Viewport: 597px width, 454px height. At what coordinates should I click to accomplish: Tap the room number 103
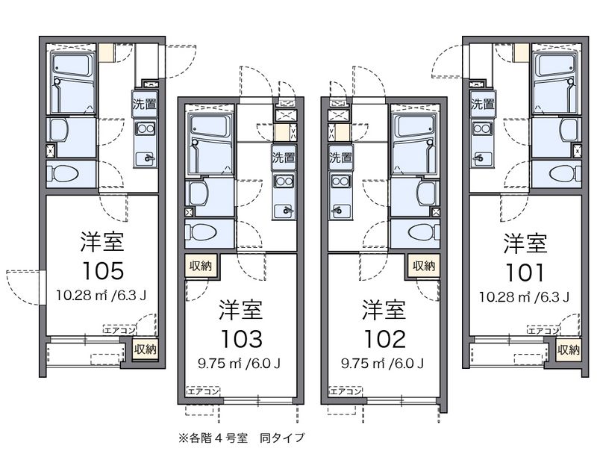[x=240, y=338]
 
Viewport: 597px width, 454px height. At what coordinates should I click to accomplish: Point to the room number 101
[x=525, y=269]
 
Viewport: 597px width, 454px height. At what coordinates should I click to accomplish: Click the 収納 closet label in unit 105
[x=145, y=349]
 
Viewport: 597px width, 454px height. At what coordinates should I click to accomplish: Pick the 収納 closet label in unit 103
[x=200, y=265]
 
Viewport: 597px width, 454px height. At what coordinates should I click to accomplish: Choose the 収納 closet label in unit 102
[x=423, y=265]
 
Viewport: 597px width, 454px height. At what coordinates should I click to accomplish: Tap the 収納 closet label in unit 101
[x=568, y=349]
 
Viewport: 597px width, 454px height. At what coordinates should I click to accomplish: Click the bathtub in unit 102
[x=416, y=144]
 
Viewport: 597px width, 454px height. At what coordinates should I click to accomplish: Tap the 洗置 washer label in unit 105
[x=145, y=105]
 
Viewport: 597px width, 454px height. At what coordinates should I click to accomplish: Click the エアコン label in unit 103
[x=202, y=391]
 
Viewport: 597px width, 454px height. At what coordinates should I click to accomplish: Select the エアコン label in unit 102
[x=346, y=391]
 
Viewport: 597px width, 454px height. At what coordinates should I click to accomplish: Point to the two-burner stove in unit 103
[x=284, y=181]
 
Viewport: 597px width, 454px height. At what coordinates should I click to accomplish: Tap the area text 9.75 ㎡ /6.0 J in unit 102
[x=383, y=364]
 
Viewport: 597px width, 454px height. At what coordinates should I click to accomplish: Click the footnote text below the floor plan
[x=241, y=437]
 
